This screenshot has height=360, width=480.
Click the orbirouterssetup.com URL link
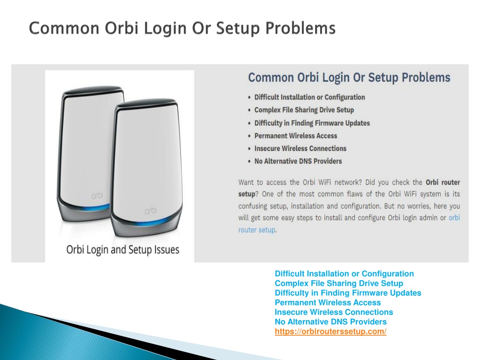[x=330, y=332]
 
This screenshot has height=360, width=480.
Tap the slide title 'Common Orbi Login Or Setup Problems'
[x=182, y=28]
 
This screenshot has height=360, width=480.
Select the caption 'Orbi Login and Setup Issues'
[x=123, y=249]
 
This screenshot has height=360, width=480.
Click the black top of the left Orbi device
[x=91, y=90]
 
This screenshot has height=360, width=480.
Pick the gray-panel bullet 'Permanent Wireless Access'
[x=295, y=135]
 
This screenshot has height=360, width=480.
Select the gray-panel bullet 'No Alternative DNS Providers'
[x=298, y=161]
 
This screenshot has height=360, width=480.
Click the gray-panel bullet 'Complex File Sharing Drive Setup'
[x=304, y=110]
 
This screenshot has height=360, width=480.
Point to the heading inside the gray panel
[x=349, y=78]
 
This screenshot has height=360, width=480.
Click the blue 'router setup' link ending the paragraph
[x=257, y=230]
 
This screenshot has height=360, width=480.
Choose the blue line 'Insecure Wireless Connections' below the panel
[x=334, y=312]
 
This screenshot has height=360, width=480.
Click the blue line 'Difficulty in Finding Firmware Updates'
[x=348, y=293]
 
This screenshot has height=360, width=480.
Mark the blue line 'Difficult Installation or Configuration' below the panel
[x=344, y=274]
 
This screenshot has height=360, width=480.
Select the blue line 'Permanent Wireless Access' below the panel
[x=328, y=303]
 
